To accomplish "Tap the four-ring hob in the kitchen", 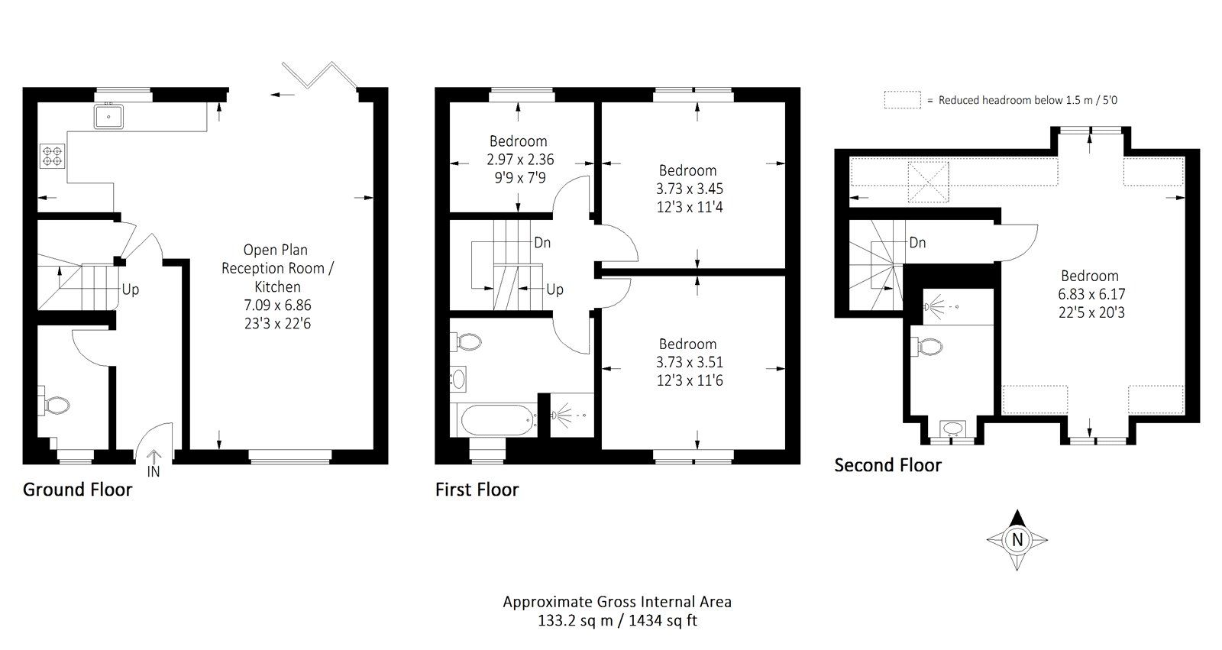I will [51, 157].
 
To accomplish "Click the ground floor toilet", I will [55, 405].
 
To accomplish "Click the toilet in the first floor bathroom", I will [467, 342].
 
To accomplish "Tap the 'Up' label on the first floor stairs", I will [554, 289].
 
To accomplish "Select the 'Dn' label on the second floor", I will [917, 242].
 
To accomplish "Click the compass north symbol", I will [1017, 539].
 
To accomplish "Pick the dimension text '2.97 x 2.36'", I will [519, 160].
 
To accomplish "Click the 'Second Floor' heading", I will [887, 465].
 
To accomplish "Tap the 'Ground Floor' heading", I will [77, 490].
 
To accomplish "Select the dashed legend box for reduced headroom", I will [902, 100].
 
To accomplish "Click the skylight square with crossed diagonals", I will [928, 181].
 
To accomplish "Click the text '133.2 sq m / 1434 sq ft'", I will [616, 620].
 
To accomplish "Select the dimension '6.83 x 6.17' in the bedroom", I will [1091, 294].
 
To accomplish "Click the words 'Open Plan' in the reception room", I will [276, 250].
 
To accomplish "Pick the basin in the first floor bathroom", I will [458, 377].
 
